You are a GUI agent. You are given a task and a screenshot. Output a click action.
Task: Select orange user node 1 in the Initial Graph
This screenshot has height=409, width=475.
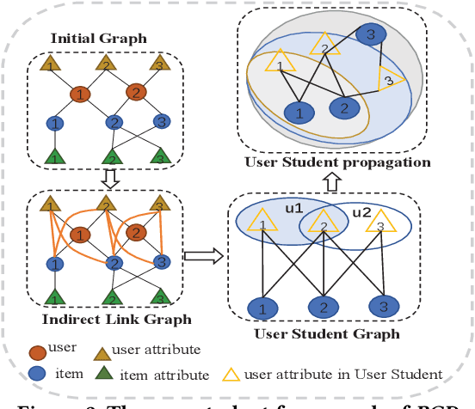(x=79, y=93)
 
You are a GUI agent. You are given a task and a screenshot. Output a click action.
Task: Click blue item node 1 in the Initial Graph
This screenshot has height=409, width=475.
(x=53, y=123)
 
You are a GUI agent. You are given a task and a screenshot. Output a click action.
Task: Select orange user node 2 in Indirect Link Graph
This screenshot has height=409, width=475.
(x=136, y=233)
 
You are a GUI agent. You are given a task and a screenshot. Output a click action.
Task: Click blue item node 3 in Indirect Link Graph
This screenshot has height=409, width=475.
(x=161, y=262)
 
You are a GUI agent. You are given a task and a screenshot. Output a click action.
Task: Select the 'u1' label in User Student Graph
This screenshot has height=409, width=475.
(x=293, y=211)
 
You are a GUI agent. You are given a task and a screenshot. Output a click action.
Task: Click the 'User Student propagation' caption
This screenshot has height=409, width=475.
(x=337, y=162)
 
